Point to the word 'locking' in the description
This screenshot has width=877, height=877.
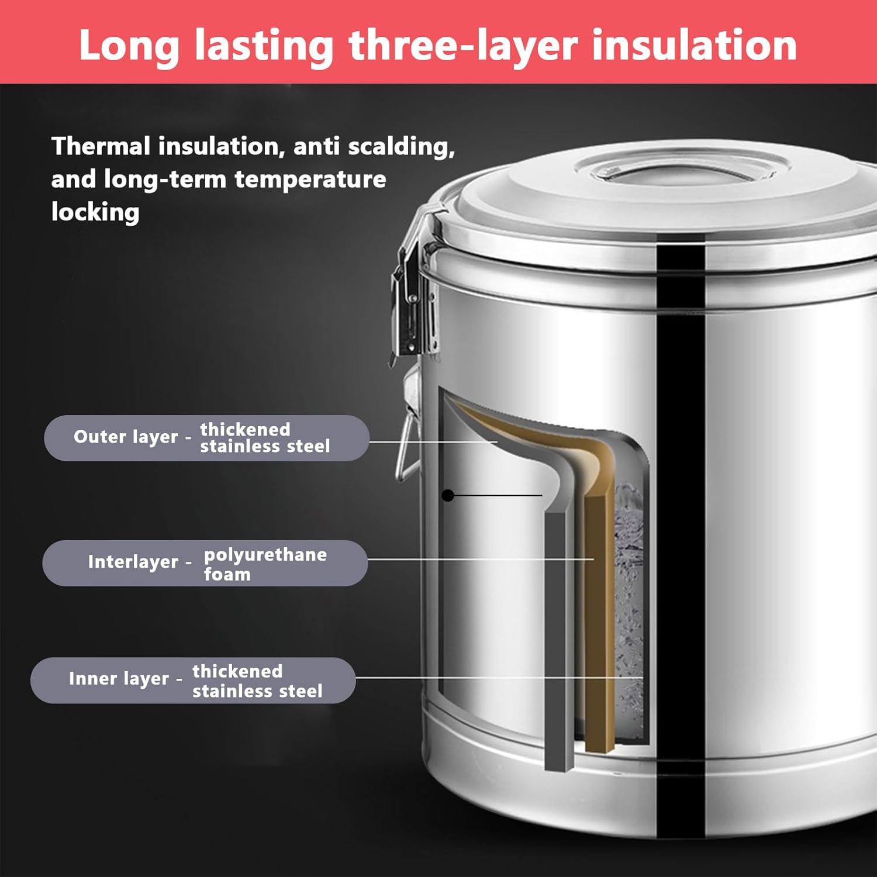95,212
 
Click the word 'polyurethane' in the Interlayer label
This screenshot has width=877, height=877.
265,554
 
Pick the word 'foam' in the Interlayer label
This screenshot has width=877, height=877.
227,574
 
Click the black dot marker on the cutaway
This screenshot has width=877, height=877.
448,496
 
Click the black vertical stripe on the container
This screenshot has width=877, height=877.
681,526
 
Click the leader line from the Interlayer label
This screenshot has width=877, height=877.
479,560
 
